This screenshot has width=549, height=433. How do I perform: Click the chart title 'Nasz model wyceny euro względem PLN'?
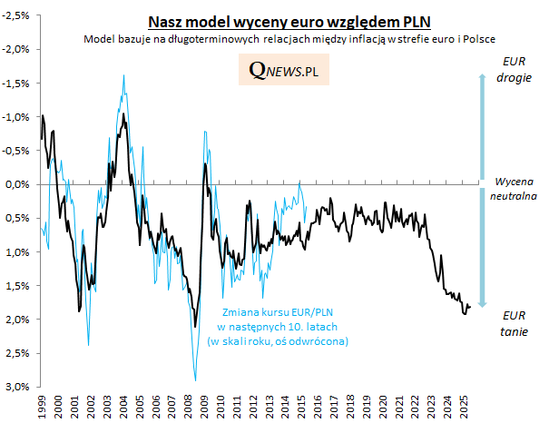(290, 22)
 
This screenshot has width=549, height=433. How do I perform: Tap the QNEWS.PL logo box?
(285, 70)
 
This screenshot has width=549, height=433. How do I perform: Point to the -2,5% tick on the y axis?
(17, 14)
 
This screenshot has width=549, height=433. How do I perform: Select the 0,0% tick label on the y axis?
(19, 184)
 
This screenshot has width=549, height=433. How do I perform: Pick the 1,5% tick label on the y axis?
(19, 286)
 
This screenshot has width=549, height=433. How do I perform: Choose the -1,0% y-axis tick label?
(17, 116)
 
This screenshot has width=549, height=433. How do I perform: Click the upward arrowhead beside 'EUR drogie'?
(483, 76)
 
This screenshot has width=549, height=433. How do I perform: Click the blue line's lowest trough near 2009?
(195, 380)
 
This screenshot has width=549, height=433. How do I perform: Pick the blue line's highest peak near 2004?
(123, 75)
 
